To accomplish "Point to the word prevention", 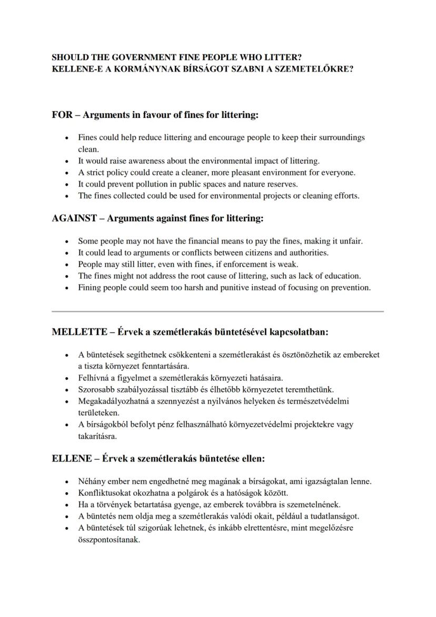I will click(351, 287).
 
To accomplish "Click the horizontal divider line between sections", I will click(217, 311).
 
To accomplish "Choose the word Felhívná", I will click(93, 378).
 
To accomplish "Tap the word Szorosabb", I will click(96, 389).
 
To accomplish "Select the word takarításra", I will click(97, 436).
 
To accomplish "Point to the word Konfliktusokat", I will click(105, 493).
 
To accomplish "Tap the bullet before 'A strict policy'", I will click(67, 173).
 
